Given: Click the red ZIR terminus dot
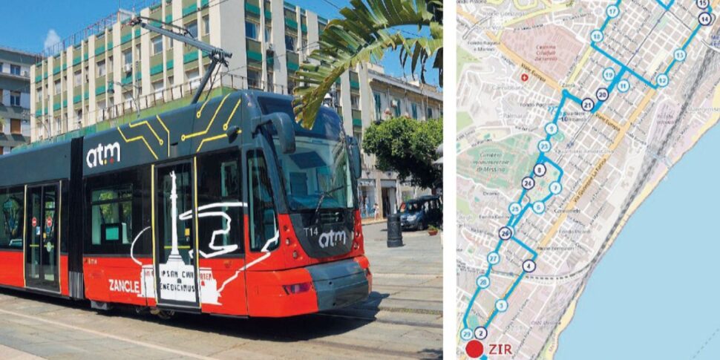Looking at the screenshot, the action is pyautogui.click(x=474, y=348).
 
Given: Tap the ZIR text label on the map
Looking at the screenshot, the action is pyautogui.click(x=500, y=349).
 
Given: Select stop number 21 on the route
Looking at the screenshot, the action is pyautogui.click(x=587, y=105).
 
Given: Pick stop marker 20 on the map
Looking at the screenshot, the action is pyautogui.click(x=602, y=94).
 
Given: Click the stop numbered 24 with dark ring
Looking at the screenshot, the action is pyautogui.click(x=528, y=183).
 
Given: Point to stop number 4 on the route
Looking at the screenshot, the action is pyautogui.click(x=528, y=266).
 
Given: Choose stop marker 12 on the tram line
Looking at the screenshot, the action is pyautogui.click(x=662, y=80).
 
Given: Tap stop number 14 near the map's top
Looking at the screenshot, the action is pyautogui.click(x=704, y=19).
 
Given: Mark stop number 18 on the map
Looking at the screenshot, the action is pyautogui.click(x=597, y=36).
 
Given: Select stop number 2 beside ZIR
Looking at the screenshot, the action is pyautogui.click(x=480, y=333).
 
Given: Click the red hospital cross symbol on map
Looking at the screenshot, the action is pyautogui.click(x=524, y=76).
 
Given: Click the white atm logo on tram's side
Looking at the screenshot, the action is pyautogui.click(x=103, y=154).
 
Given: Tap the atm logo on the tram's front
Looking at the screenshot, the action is pyautogui.click(x=333, y=238).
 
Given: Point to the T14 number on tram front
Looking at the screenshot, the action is pyautogui.click(x=311, y=231).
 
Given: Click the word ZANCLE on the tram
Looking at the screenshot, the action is pyautogui.click(x=124, y=285).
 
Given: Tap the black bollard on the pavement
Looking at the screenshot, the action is pyautogui.click(x=394, y=231).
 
